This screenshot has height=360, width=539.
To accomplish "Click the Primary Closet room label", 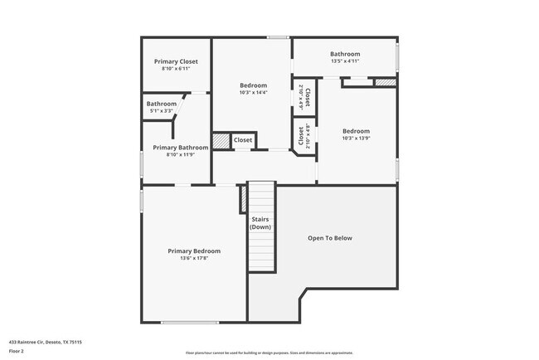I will pos(175,61).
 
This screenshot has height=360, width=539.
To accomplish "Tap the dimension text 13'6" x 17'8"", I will pos(194,258).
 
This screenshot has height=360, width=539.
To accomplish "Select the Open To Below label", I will pos(330,238).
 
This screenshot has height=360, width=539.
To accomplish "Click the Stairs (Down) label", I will pos(261,223).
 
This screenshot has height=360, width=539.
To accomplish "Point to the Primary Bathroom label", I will pos(181,147).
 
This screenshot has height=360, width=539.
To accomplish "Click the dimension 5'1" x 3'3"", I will pos(162,110).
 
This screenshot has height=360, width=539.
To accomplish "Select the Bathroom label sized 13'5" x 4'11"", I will pos(344,54).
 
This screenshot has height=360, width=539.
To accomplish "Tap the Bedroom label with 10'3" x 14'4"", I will pos(254,85).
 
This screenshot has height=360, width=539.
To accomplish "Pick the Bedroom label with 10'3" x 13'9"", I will pos(357,131).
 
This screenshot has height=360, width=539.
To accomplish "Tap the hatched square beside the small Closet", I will pos(221,141).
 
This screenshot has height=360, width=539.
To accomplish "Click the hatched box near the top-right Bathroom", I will pos(385,82).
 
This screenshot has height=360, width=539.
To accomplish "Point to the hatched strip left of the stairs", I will pos(244,199).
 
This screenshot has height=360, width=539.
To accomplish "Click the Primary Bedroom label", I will pos(194,251).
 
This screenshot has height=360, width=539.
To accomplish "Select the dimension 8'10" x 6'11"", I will pos(175,68).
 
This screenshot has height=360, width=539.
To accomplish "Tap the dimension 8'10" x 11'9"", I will pos(181,154).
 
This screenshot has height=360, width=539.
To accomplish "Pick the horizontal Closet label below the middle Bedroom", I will pos(242,140).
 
